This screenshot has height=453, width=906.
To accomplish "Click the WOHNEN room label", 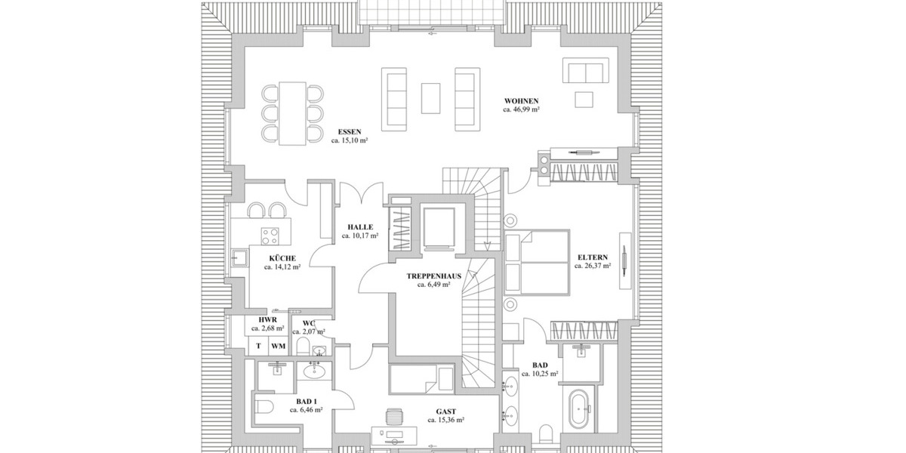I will pos(521,100).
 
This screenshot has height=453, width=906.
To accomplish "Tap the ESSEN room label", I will pos(349,131).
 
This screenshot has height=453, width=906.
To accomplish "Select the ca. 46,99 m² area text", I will pos(521,109).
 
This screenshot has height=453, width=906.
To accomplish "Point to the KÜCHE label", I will pos(282,258).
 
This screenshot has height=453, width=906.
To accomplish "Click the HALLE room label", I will pos(360,226).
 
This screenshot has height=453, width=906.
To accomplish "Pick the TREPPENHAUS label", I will pos(433,276).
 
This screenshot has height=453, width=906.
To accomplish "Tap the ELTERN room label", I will pos(593,257).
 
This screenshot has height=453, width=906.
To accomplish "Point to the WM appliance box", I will pos(278,347).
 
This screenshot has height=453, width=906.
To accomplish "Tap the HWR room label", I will pos(267,320).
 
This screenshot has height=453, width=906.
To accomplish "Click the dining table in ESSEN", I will pos(292,113).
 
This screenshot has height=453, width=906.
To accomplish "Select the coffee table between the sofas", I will pos(431,97).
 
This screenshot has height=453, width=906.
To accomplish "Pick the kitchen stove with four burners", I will pos(270,236).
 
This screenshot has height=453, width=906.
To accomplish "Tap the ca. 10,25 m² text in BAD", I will pos(540,374).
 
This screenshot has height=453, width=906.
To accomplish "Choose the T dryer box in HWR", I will pos(258,347).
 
